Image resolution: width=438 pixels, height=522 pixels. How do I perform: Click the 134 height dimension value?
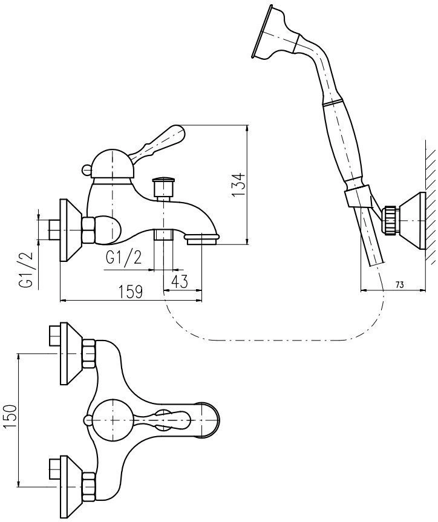(x=238, y=185)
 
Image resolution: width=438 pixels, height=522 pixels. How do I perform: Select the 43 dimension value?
(x=179, y=281)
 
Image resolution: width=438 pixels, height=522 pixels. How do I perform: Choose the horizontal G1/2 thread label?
(x=123, y=258)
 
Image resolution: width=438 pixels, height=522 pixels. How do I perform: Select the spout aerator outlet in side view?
(x=203, y=241)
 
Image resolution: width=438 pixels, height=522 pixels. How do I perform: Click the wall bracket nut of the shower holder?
(x=390, y=221)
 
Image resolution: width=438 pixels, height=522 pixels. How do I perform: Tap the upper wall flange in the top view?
(x=69, y=354)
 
